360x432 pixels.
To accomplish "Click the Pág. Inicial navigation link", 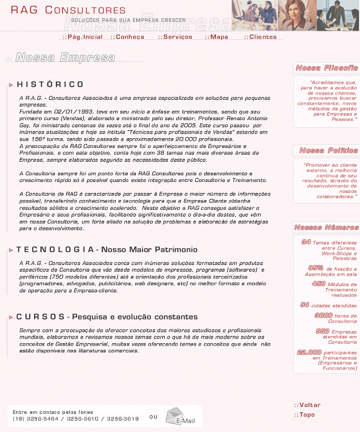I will [83, 37].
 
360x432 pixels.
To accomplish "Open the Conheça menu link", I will [128, 37].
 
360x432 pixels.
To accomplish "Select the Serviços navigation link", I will [175, 37].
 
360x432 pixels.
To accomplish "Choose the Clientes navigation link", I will [261, 37].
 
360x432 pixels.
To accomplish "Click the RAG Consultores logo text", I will [68, 10].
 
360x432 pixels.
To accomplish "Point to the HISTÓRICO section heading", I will [50, 84].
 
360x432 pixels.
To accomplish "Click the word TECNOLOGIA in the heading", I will [55, 250].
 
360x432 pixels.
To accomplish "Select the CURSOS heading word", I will [40, 317].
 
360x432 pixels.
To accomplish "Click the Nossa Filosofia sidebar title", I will [327, 68].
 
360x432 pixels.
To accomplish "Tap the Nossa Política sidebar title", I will [329, 151].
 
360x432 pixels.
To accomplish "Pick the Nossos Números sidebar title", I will [327, 228].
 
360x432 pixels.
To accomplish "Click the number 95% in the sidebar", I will [316, 268].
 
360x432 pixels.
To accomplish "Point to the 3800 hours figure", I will [324, 315].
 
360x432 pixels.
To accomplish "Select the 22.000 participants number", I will [309, 352].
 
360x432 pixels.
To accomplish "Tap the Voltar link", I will [308, 405].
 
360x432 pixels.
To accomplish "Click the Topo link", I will [305, 415].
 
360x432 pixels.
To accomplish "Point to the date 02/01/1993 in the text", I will [73, 111].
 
